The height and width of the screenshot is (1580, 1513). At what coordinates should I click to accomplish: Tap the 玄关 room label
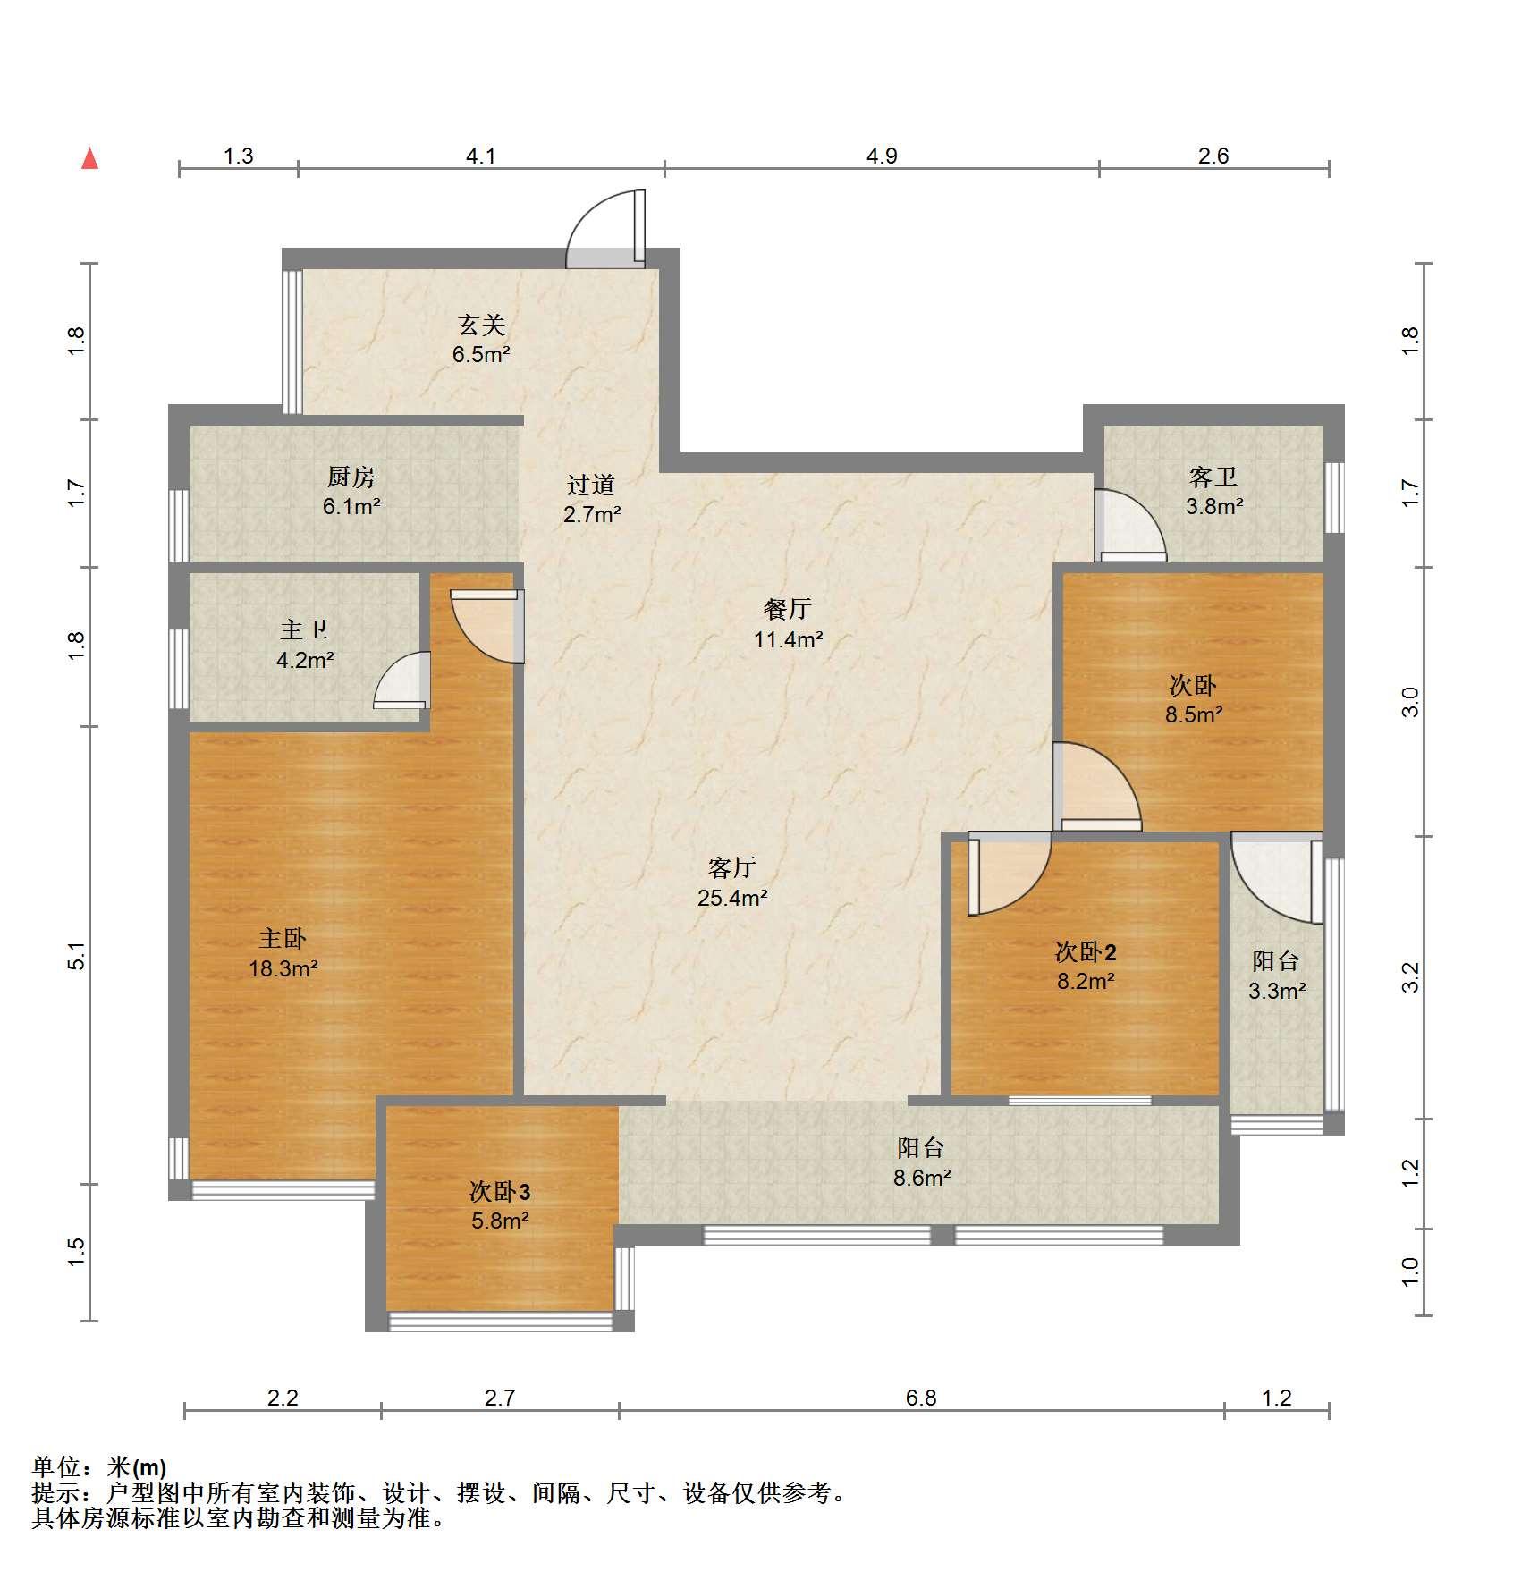coord(481,325)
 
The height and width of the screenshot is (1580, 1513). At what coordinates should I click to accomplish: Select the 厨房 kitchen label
coord(351,477)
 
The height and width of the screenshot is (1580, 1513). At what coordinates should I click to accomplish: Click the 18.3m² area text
coord(283,967)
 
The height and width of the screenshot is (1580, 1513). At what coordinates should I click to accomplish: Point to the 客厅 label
coord(732,867)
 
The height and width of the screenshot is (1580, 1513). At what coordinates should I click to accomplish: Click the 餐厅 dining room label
coord(788,609)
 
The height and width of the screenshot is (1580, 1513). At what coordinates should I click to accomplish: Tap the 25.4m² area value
coord(732,898)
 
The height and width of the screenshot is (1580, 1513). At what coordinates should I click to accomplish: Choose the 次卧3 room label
coord(500,1191)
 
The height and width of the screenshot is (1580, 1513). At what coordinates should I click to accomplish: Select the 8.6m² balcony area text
coord(921,1178)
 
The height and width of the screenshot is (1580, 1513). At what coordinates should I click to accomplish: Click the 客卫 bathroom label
coord(1213,477)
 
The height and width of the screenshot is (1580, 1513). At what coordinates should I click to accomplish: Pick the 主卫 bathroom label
coord(305,630)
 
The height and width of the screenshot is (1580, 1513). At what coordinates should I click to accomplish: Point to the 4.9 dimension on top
coord(882,156)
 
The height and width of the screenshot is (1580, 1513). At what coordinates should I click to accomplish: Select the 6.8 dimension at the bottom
coord(921,1398)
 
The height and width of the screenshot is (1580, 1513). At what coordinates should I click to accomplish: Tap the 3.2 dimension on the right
coord(1410,977)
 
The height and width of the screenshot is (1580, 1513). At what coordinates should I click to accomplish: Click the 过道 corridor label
coord(591,485)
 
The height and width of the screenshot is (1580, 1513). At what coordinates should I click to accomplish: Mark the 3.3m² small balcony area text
coord(1277,991)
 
